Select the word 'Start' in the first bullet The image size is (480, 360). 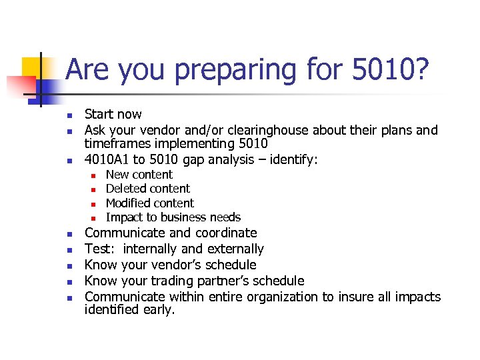click(99, 115)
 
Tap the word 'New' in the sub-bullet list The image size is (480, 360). click(118, 175)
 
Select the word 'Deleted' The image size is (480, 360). click(127, 189)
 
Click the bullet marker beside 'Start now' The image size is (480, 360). click(69, 115)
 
